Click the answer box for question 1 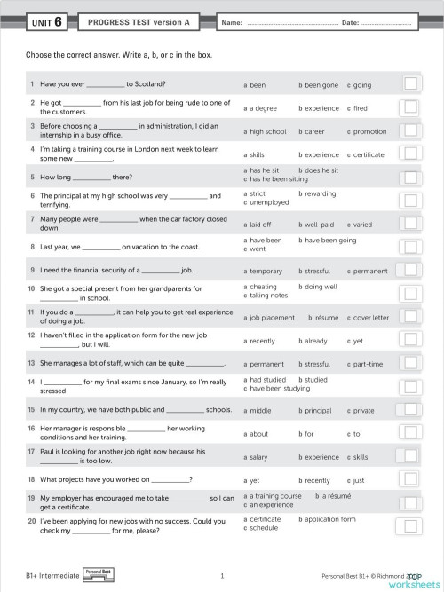[411, 84]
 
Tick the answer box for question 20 [411, 524]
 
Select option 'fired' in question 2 [359, 108]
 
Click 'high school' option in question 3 [268, 131]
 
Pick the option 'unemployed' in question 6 [270, 203]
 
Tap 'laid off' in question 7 [260, 225]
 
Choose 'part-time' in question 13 [368, 364]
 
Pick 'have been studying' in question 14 [279, 388]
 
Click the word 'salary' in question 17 [258, 457]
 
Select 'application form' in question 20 [329, 519]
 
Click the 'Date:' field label [350, 22]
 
